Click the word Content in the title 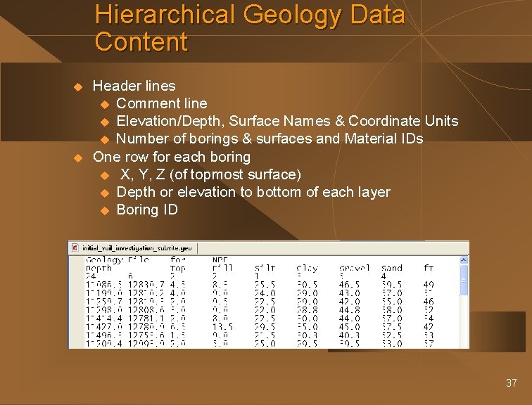point(141,42)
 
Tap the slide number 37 point(511,383)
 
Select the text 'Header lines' point(134,86)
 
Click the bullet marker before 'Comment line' point(106,104)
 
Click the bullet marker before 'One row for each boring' point(79,157)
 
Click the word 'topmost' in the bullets point(228,174)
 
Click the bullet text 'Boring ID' point(147,210)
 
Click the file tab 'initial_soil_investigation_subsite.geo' point(137,247)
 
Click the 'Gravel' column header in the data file point(354,268)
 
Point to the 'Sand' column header point(391,268)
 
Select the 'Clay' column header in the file point(307,268)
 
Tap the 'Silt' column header point(265,268)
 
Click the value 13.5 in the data point(222,326)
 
